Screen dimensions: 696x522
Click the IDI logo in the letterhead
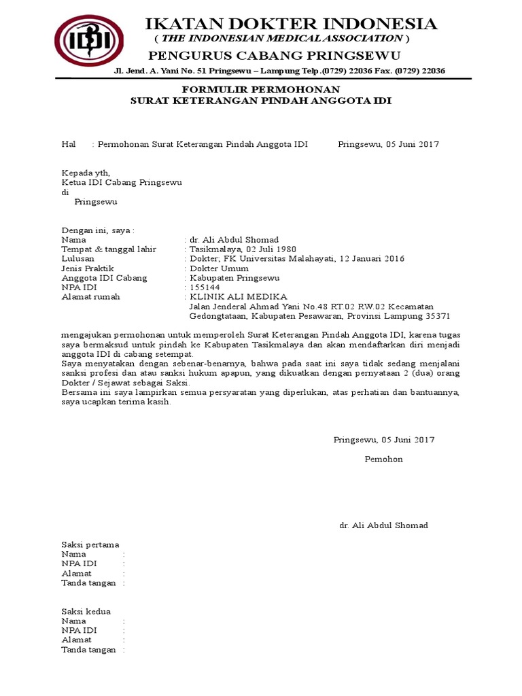pyautogui.click(x=89, y=41)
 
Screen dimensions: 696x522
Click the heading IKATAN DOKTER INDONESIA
pyautogui.click(x=292, y=24)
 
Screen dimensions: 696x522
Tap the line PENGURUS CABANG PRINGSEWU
pyautogui.click(x=275, y=55)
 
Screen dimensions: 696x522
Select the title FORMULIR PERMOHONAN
pyautogui.click(x=260, y=90)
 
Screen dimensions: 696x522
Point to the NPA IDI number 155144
pyautogui.click(x=202, y=288)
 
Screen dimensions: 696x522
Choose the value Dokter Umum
pyautogui.click(x=215, y=268)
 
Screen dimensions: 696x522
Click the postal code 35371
pyautogui.click(x=436, y=316)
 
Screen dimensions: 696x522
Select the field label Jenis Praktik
pyautogui.click(x=86, y=268)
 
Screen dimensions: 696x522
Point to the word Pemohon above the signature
pyautogui.click(x=384, y=459)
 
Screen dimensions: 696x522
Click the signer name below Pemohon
pyautogui.click(x=383, y=525)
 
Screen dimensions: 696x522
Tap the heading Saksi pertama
pyautogui.click(x=90, y=544)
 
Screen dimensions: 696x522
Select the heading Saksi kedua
pyautogui.click(x=86, y=611)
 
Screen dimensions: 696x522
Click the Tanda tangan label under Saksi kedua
pyautogui.click(x=88, y=649)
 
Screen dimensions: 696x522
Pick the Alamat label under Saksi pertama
pyautogui.click(x=76, y=573)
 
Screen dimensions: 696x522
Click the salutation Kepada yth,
pyautogui.click(x=85, y=173)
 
